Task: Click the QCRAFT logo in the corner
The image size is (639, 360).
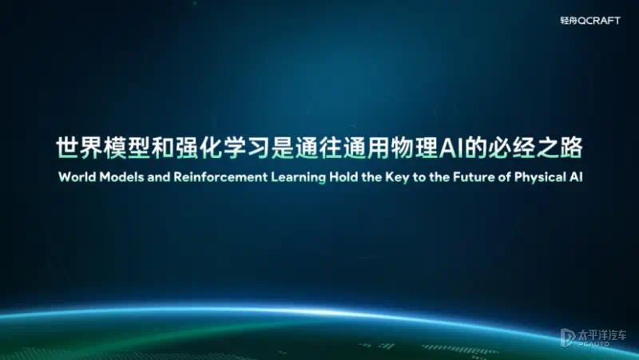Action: pos(590,21)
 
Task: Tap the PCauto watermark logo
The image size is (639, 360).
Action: pos(593,338)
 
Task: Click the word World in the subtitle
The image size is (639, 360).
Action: pos(77,177)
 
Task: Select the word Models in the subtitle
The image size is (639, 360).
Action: pos(121,177)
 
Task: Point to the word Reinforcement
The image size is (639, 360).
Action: pos(220,177)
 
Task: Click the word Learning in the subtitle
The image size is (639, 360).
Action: pos(298,178)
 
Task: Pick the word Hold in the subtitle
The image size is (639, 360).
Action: pos(343,177)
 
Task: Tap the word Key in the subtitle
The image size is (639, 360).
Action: pos(397,178)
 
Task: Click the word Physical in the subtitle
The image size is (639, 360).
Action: pos(540,178)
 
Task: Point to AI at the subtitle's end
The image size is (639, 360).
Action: pos(576,177)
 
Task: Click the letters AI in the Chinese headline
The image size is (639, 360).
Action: pos(450,148)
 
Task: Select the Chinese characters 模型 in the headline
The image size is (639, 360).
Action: pos(127,148)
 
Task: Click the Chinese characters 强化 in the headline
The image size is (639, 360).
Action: pos(199,148)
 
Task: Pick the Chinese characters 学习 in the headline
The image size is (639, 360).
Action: pos(247,148)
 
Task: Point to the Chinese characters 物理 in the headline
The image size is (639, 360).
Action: pos(415,148)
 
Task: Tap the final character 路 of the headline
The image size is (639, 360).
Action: pos(571,148)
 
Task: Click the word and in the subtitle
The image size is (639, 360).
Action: pos(158,177)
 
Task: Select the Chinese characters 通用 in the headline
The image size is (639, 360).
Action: pos(367,148)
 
